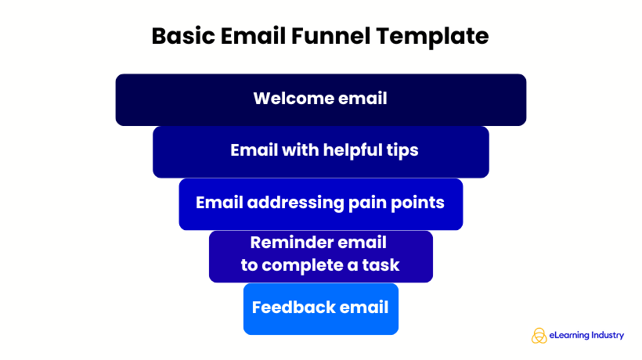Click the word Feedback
coord(294,307)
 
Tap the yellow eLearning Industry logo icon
coord(539,335)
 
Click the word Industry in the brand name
coord(609,335)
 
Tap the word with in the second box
coord(297,150)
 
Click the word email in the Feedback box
coord(365,307)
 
